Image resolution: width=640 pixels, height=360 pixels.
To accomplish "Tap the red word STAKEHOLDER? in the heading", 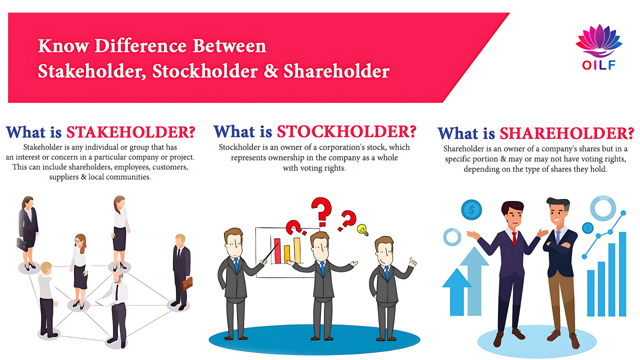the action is tap(131, 132).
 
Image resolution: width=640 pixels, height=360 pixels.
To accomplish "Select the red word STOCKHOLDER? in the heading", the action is tap(346, 131).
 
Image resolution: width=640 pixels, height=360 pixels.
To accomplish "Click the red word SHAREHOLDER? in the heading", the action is tap(567, 133).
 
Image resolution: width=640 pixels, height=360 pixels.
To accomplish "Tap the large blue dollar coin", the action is tap(471, 209).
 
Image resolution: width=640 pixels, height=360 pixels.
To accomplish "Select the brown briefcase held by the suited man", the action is tap(187, 283).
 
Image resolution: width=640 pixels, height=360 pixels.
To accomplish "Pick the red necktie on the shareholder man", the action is tap(514, 238).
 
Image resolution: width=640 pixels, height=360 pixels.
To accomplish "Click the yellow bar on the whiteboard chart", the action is tap(287, 254).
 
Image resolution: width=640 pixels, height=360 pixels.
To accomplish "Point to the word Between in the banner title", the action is tap(229, 45).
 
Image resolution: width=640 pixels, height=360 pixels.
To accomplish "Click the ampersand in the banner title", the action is tap(270, 71).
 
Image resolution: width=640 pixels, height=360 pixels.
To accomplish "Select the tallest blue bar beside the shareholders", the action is tap(622, 274).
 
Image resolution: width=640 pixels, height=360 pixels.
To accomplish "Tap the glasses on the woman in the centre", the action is tap(78, 241).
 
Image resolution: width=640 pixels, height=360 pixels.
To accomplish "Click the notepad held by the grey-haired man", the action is tap(103, 302).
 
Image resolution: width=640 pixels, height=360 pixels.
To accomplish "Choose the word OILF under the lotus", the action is tap(598, 65).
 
